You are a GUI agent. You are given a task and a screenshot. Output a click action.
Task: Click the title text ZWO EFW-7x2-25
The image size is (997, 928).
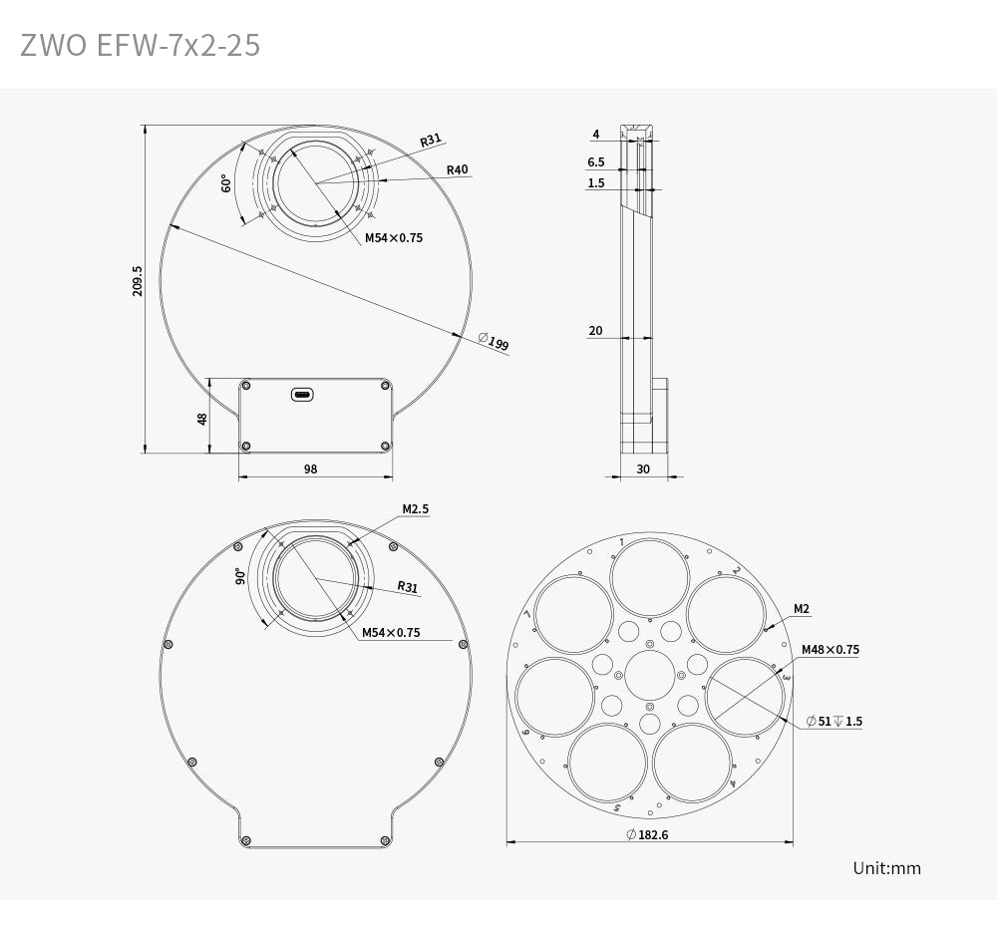140,45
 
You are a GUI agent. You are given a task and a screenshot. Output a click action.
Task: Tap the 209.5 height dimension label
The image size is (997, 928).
138,280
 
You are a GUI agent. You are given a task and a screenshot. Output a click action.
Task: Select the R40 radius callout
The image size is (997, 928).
457,169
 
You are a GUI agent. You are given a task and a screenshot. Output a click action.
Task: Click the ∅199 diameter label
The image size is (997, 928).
494,344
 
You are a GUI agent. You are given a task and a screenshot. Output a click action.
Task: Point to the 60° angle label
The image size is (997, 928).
226,183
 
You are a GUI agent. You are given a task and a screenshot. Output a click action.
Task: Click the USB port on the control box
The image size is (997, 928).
302,395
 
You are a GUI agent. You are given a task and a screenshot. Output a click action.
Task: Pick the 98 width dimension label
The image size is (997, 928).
310,468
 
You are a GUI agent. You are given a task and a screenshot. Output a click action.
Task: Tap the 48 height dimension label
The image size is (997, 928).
203,419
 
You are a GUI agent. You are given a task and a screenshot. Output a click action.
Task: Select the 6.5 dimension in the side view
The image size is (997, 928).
595,161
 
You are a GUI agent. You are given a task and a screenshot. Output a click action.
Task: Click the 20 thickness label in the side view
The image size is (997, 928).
595,331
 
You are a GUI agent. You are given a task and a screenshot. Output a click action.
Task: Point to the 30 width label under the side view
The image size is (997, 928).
642,468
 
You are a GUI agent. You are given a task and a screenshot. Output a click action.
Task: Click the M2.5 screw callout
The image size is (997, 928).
415,509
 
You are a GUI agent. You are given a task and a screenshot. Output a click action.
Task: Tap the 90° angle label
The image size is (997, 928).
241,577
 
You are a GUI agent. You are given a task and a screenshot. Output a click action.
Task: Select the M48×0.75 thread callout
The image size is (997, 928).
830,650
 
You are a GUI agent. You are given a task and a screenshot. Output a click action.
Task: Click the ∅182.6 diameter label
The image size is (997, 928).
648,834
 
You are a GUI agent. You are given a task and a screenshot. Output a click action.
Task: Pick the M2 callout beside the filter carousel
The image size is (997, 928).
801,609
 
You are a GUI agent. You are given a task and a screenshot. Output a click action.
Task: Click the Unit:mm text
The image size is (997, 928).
886,868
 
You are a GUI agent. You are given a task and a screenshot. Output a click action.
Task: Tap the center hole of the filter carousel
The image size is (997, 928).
649,676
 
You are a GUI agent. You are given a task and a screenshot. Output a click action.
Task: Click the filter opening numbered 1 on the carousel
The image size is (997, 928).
649,579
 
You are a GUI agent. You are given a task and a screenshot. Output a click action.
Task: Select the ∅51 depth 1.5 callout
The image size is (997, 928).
833,721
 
